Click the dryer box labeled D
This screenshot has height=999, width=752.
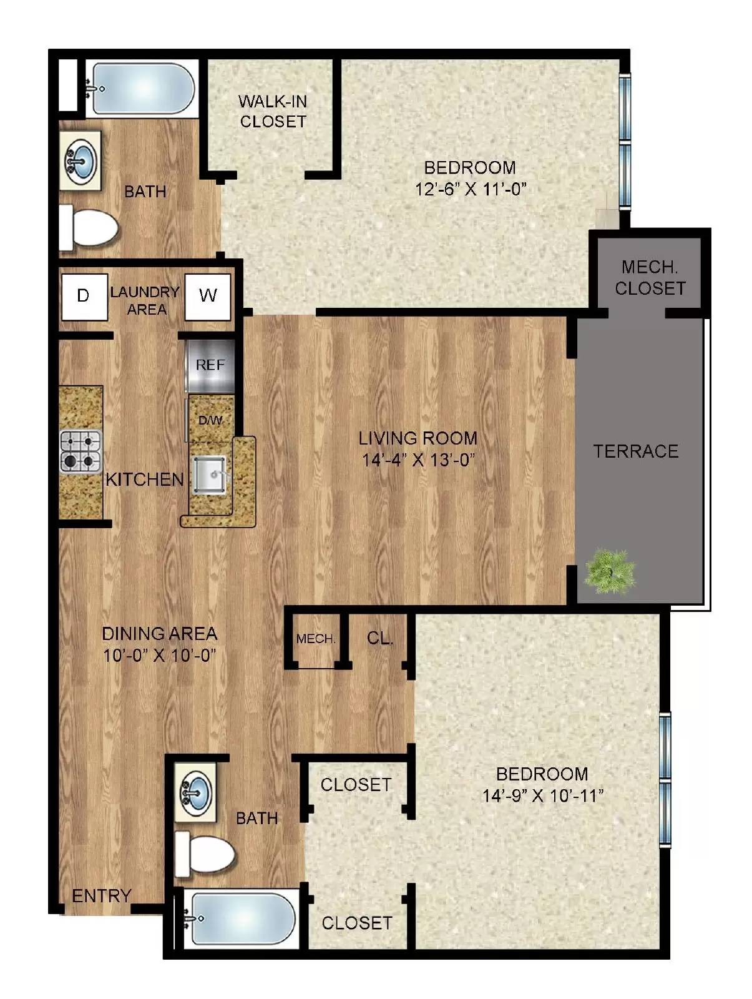pyautogui.click(x=84, y=296)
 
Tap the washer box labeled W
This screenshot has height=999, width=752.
pyautogui.click(x=208, y=296)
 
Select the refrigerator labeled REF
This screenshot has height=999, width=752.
pyautogui.click(x=210, y=365)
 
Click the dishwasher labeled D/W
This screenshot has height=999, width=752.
pyautogui.click(x=210, y=420)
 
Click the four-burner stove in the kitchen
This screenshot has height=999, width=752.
pyautogui.click(x=81, y=451)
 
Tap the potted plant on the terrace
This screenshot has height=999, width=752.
pyautogui.click(x=610, y=570)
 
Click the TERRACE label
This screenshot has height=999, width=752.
pyautogui.click(x=635, y=451)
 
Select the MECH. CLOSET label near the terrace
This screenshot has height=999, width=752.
pyautogui.click(x=650, y=278)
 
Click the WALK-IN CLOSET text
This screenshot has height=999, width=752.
pyautogui.click(x=273, y=111)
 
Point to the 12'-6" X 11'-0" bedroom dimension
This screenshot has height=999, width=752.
pyautogui.click(x=471, y=189)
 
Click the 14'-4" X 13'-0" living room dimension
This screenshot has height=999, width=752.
pyautogui.click(x=418, y=460)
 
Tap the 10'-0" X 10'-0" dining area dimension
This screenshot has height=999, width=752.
pyautogui.click(x=159, y=656)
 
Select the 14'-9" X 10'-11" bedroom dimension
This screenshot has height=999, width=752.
pyautogui.click(x=542, y=795)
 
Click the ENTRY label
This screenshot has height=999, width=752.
pyautogui.click(x=101, y=896)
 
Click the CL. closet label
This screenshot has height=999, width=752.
pyautogui.click(x=380, y=638)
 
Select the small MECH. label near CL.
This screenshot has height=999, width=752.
pyautogui.click(x=316, y=639)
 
